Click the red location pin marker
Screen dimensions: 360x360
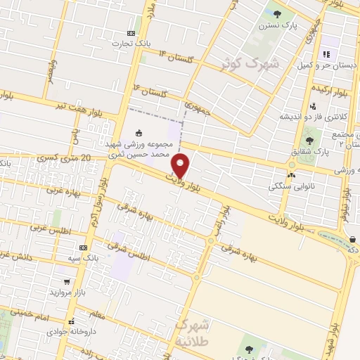click(181, 166)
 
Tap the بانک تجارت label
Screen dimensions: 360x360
click(131, 44)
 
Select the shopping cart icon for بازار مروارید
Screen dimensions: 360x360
click(66, 281)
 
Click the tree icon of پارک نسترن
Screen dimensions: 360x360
click(277, 13)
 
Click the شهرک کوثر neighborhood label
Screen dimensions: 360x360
click(249, 65)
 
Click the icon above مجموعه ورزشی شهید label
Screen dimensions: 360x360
click(139, 132)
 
